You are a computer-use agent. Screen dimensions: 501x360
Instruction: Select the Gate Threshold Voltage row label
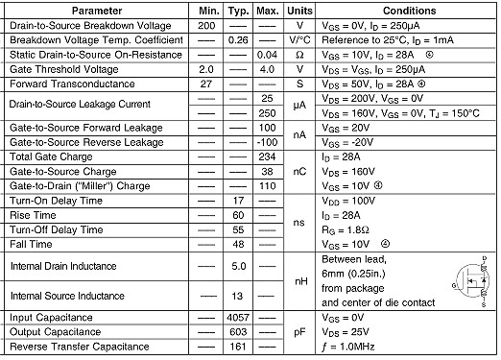(63, 69)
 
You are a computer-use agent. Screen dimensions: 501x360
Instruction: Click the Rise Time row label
(36, 215)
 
